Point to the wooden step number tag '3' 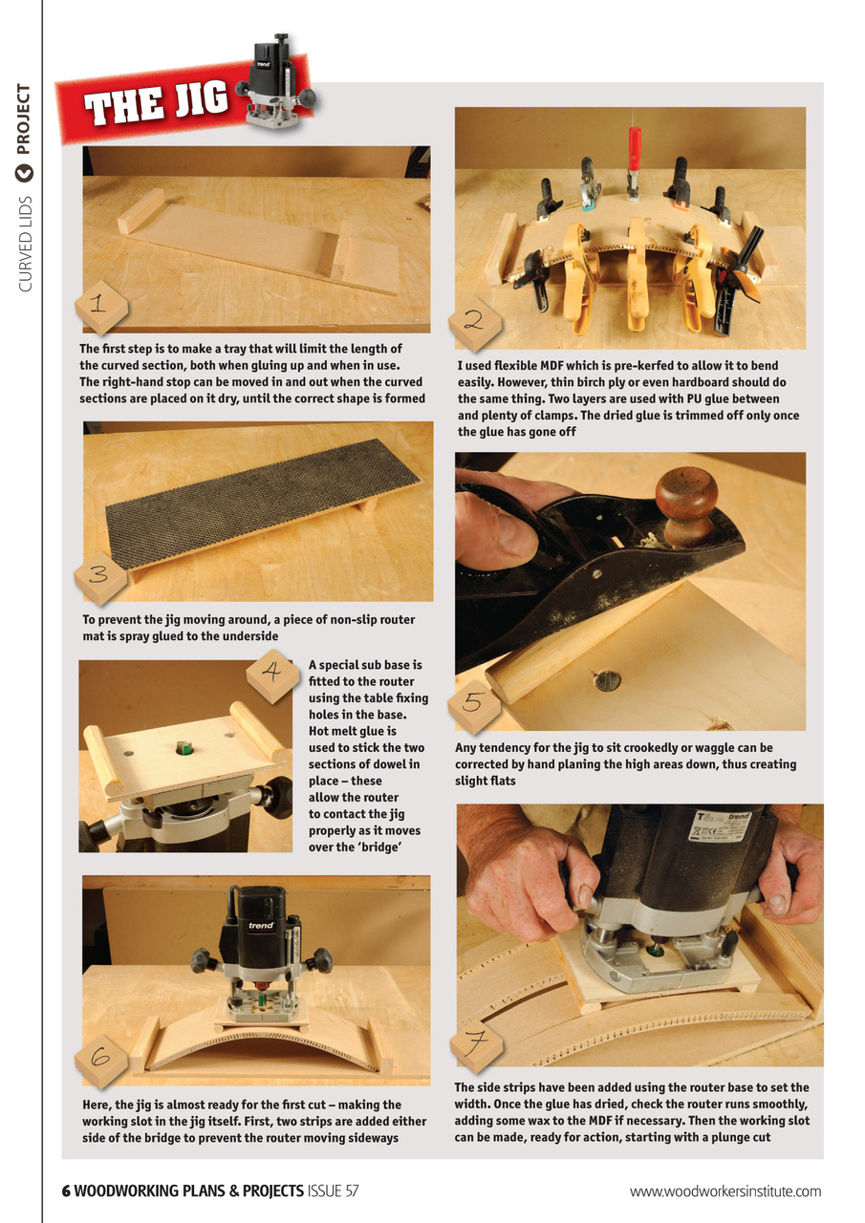100,576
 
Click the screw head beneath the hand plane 607,681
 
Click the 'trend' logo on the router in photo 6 262,925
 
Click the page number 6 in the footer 67,1191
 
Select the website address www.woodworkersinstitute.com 725,1191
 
